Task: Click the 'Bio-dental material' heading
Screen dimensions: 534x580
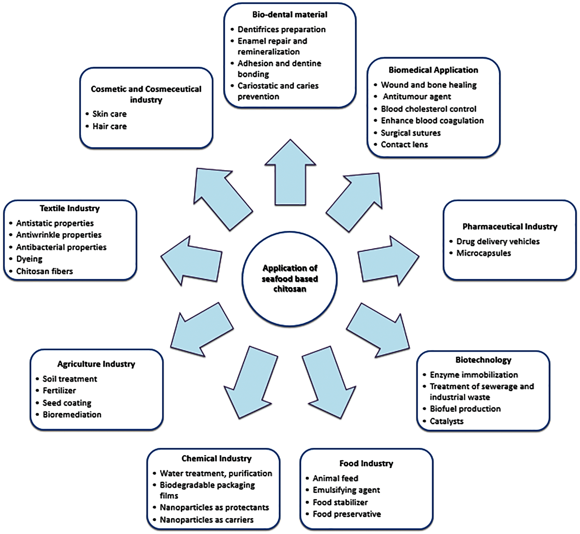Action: click(289, 14)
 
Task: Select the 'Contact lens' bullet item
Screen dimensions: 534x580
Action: click(404, 144)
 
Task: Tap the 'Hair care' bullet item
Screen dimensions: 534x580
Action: click(109, 126)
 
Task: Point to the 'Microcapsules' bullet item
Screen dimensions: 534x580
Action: click(483, 253)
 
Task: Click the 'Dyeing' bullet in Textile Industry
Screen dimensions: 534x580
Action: click(29, 259)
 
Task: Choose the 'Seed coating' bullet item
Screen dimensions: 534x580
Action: click(67, 403)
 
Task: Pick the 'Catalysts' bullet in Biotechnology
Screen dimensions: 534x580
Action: click(447, 421)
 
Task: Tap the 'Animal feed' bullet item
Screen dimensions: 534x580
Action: click(335, 478)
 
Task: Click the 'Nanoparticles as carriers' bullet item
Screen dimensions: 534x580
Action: click(207, 520)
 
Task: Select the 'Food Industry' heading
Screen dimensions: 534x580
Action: click(366, 463)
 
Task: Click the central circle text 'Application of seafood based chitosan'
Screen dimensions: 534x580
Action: click(289, 279)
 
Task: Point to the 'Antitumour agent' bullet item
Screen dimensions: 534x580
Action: click(417, 96)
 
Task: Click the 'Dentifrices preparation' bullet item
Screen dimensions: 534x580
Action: click(281, 29)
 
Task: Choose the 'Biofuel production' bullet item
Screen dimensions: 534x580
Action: click(465, 409)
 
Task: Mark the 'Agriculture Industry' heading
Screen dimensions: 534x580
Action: click(96, 364)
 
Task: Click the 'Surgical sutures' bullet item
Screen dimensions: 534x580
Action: click(410, 133)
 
